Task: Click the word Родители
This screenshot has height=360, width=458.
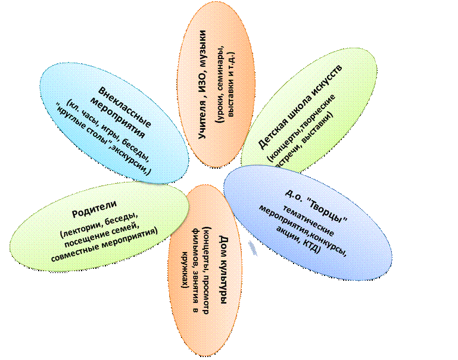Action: [x=94, y=209]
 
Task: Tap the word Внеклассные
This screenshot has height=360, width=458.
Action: [x=124, y=107]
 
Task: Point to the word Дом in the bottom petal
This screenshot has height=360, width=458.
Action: [x=223, y=243]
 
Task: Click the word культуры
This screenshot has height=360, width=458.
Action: [x=223, y=280]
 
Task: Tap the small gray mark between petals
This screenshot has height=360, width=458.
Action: [x=253, y=249]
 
